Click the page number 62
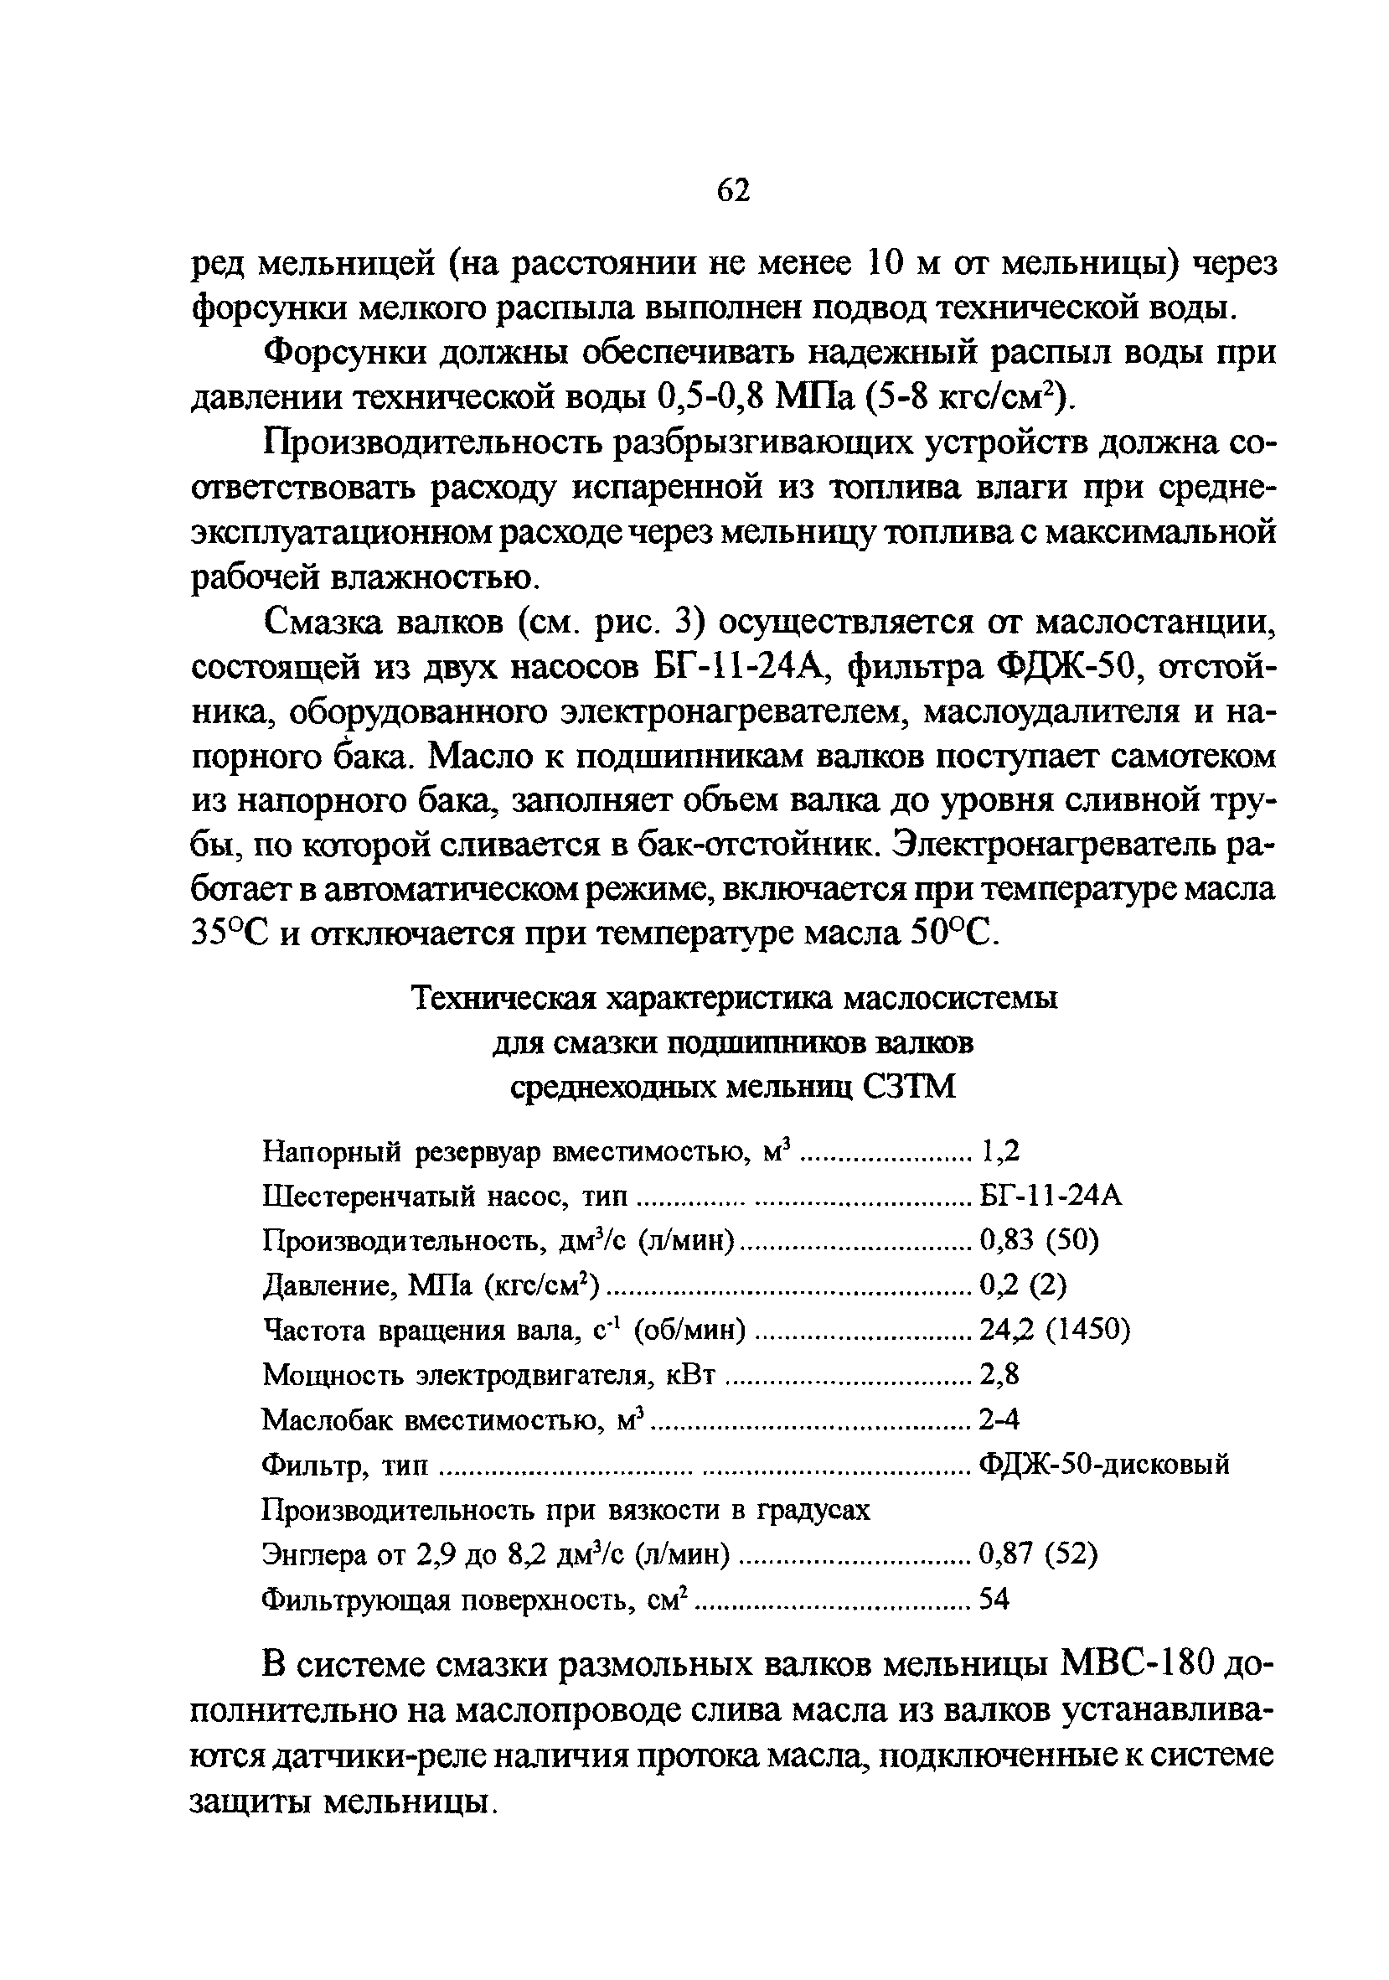coord(734,190)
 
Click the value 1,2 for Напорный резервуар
coord(1000,1150)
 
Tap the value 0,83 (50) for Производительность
coord(1039,1240)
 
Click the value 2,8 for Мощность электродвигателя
coord(999,1375)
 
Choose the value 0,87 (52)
coord(1038,1554)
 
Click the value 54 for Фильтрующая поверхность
coord(994,1600)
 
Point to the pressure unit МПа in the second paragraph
coord(808,397)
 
